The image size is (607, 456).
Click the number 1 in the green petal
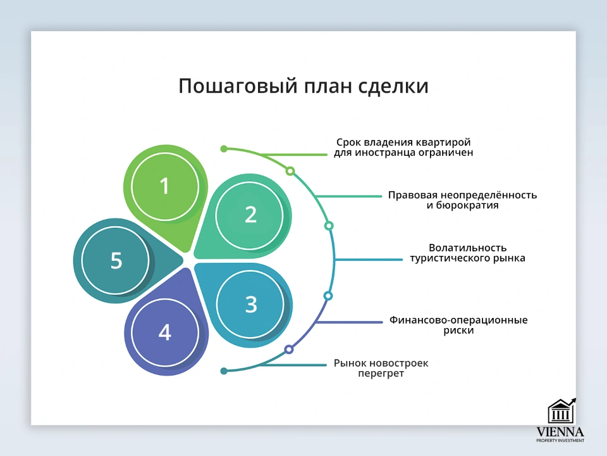(164, 186)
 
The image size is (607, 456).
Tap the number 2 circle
(250, 215)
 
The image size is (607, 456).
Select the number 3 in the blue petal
(251, 304)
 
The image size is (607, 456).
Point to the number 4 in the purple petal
(164, 332)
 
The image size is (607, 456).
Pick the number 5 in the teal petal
(116, 260)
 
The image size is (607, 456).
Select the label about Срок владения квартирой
(403, 147)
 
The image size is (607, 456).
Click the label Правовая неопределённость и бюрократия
(462, 200)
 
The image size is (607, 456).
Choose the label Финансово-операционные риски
(458, 325)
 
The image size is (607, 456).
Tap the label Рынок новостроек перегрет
(381, 369)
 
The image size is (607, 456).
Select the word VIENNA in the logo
(560, 432)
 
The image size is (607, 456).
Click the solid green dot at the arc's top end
(224, 149)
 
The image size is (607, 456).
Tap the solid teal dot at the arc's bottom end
(224, 370)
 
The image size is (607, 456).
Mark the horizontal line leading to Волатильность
(369, 260)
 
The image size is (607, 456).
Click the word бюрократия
(462, 206)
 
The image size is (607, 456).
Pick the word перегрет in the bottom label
(380, 374)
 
